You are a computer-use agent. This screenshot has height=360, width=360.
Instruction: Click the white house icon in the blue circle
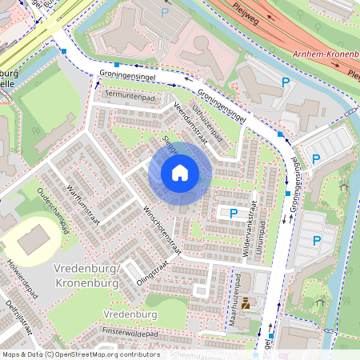[180, 172]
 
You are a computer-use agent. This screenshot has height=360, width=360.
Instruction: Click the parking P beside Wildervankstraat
[234, 214]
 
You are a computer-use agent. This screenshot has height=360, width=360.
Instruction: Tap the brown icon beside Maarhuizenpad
[246, 303]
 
